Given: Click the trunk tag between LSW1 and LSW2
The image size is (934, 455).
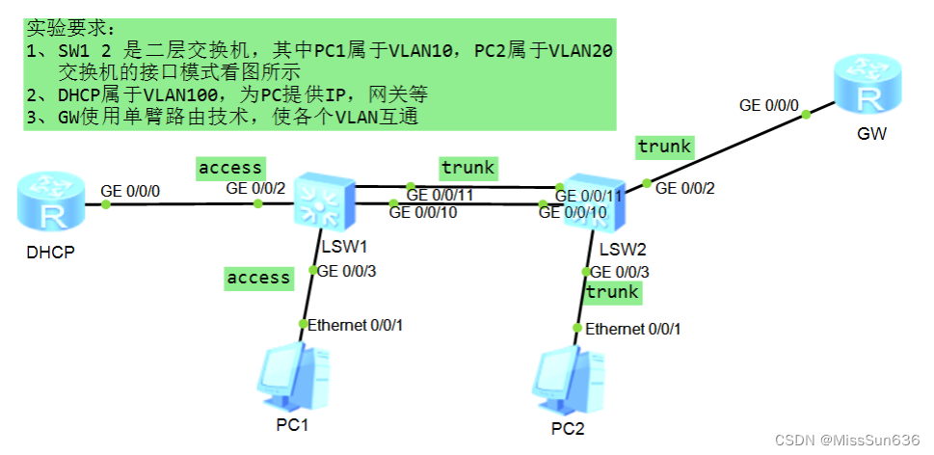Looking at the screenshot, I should click(x=467, y=168).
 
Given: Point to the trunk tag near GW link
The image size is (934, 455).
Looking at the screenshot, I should click(x=664, y=147).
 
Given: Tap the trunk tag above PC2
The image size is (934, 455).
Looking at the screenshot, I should click(x=612, y=291).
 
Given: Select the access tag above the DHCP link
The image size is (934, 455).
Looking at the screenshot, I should click(x=229, y=168).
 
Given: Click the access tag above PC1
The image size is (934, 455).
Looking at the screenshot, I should click(x=258, y=278).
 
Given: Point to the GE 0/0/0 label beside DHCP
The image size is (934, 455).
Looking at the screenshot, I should click(x=131, y=191).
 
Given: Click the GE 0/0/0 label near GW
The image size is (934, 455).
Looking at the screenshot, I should click(x=769, y=105).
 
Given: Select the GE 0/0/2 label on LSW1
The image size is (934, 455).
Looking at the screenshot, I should click(x=255, y=188).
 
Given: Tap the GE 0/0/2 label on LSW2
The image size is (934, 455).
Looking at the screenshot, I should click(x=685, y=188).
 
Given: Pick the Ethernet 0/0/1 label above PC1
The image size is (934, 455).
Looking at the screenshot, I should click(x=355, y=325).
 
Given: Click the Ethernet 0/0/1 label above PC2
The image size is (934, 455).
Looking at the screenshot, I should click(x=632, y=329).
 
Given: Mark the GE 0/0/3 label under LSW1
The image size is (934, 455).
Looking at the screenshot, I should click(x=346, y=271).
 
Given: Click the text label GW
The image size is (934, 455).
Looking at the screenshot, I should click(x=870, y=134).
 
